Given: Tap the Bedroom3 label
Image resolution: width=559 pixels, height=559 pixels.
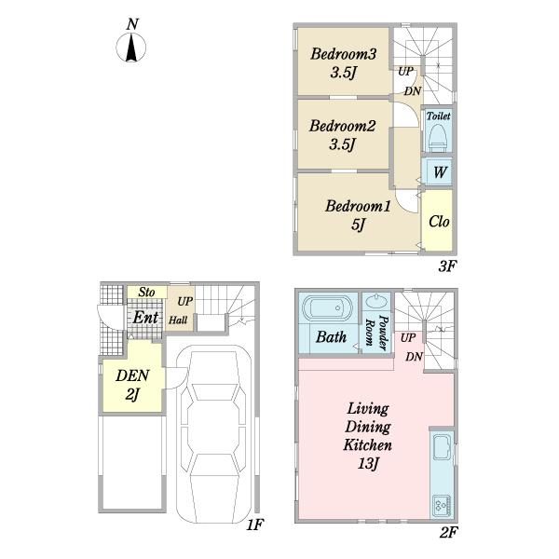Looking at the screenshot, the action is click(343, 54).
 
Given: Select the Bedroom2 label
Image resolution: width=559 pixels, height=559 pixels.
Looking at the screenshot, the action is click(342, 126).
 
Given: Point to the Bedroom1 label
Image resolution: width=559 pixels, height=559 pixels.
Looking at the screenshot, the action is click(358, 206).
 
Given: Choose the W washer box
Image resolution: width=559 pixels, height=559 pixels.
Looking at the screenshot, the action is click(439, 172).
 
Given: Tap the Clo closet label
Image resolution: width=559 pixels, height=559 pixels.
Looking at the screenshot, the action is click(439, 222).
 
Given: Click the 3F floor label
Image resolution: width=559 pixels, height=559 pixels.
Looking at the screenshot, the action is click(447, 266).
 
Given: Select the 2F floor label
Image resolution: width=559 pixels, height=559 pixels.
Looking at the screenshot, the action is click(448, 533).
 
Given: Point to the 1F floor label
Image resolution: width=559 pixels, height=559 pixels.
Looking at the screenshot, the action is click(254, 525).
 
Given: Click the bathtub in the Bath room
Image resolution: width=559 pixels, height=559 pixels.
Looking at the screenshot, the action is click(327, 307).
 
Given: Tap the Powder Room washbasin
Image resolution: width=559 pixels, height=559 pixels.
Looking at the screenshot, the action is click(377, 302).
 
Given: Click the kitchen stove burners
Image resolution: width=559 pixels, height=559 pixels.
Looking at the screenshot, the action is click(442, 506).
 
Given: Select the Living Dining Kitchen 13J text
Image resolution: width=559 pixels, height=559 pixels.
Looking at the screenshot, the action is click(368, 436).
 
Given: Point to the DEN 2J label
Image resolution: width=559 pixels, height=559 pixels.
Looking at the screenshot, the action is click(132, 385).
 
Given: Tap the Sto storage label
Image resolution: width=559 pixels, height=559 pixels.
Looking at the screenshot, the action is click(146, 293).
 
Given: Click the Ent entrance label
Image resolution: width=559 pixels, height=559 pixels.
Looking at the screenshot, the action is click(145, 318).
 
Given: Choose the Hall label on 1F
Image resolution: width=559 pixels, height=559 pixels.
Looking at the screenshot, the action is click(178, 320).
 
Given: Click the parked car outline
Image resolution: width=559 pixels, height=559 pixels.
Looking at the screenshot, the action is click(213, 434).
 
